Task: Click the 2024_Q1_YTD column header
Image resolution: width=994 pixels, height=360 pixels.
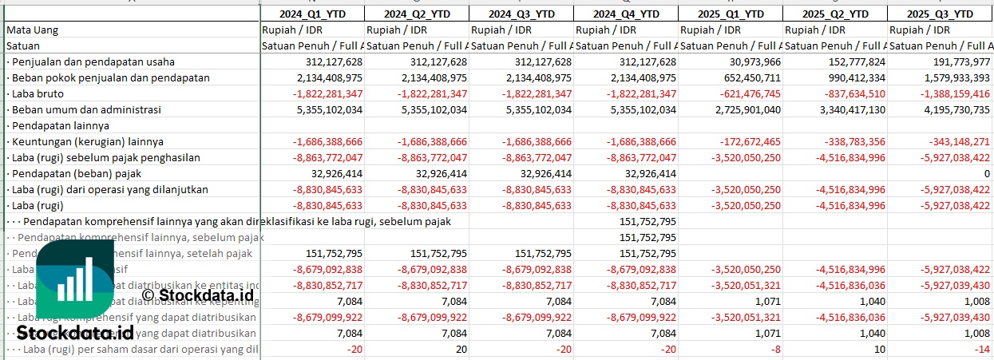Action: tap(312, 14)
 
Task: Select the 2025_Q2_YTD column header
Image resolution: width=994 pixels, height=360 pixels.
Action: tap(834, 14)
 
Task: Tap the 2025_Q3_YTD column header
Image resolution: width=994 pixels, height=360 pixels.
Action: tap(940, 14)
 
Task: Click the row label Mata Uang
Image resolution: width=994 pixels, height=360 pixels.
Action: tap(32, 30)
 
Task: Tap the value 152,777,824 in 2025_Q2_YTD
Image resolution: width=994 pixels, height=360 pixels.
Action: tap(849, 61)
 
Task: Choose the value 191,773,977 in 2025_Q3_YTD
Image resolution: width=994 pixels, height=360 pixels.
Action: tap(953, 61)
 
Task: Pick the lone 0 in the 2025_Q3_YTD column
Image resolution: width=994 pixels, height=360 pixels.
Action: tap(986, 173)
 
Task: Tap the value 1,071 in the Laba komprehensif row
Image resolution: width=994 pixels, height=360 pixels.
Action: tap(767, 333)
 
